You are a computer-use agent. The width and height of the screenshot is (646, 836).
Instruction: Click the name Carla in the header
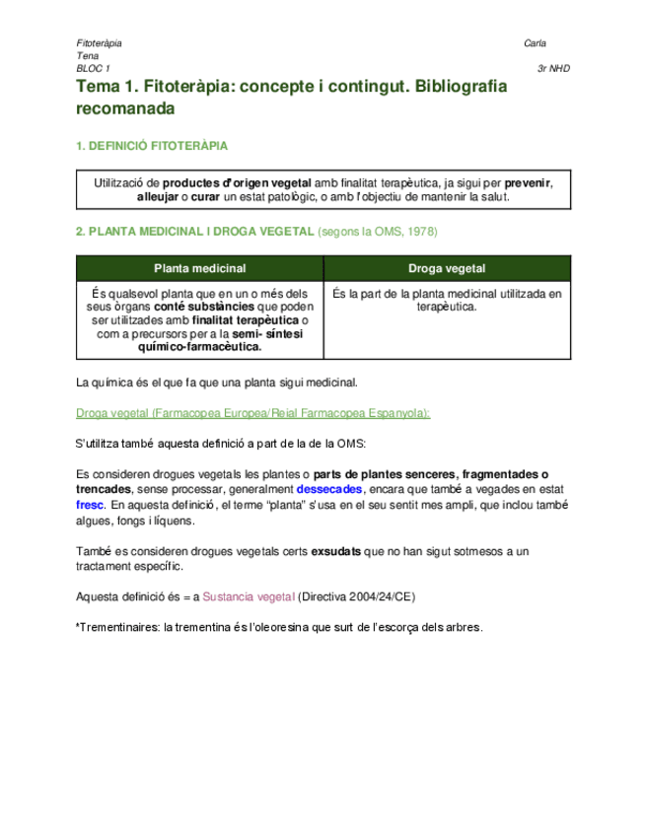click(537, 43)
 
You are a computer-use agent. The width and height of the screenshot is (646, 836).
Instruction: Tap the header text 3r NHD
click(553, 69)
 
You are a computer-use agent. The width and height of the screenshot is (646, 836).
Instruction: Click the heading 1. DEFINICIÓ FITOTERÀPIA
click(152, 146)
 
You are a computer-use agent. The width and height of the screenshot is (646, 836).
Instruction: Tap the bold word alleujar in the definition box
click(158, 197)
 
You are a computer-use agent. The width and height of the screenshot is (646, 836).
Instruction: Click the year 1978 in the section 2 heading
click(421, 232)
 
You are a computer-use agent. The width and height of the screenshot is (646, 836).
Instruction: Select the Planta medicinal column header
click(199, 268)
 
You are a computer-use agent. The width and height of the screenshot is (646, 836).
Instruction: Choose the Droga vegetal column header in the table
click(447, 268)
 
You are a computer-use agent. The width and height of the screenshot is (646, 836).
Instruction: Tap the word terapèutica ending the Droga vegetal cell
click(447, 307)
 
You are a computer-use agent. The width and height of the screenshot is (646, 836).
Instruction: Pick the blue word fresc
click(90, 503)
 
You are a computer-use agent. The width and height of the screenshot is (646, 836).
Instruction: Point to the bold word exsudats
click(336, 552)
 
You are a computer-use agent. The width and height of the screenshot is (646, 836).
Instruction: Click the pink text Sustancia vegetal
click(249, 597)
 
